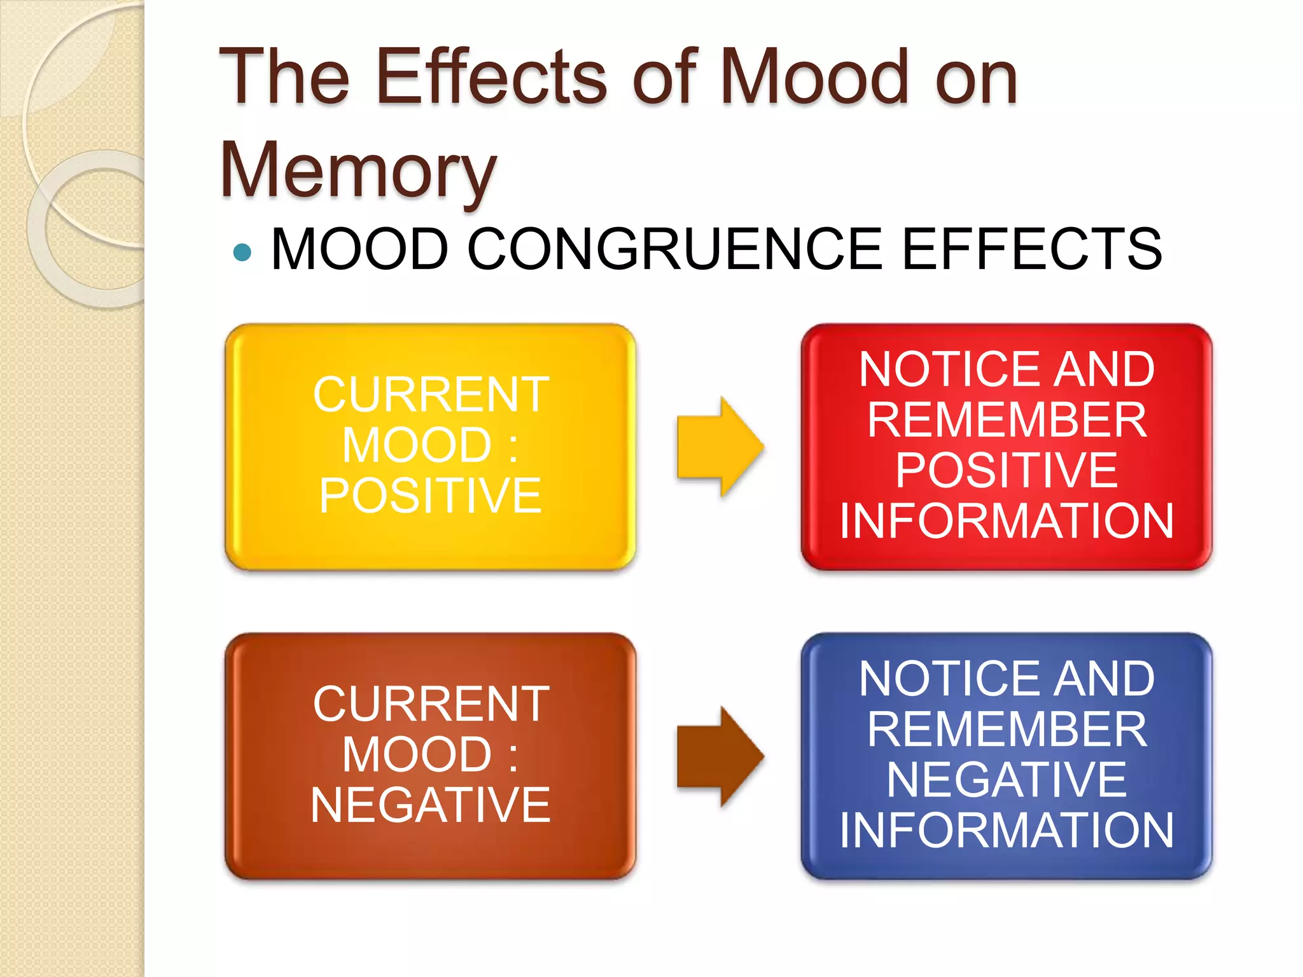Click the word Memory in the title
[358, 170]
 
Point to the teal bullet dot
[242, 253]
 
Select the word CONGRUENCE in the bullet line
[674, 249]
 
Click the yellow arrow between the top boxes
[720, 447]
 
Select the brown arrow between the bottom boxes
[720, 756]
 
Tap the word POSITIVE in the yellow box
[430, 495]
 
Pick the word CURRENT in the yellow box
[431, 395]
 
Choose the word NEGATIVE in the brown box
[430, 805]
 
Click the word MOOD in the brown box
[417, 755]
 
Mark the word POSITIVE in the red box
[1007, 471]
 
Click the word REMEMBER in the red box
[1007, 420]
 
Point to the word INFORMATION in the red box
[1007, 522]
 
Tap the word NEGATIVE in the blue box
[1007, 780]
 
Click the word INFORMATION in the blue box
[1007, 831]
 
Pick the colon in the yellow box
[513, 447]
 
